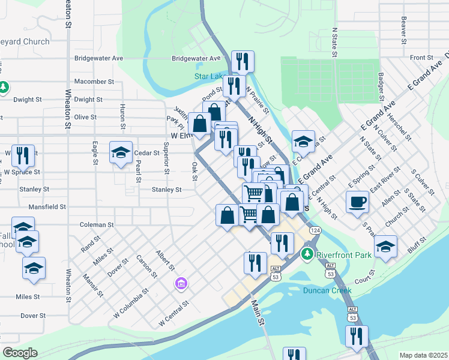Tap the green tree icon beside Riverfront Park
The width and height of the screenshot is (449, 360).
[309, 254]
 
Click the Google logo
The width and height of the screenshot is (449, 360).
[20, 353]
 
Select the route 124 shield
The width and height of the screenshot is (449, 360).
[316, 230]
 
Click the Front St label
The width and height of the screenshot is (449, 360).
[421, 58]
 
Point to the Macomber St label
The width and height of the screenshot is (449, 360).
[94, 81]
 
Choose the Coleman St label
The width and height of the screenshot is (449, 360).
[97, 224]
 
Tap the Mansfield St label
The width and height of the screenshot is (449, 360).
[47, 206]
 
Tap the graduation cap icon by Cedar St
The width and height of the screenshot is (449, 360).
[121, 152]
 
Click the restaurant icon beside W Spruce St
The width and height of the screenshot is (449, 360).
[23, 155]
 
